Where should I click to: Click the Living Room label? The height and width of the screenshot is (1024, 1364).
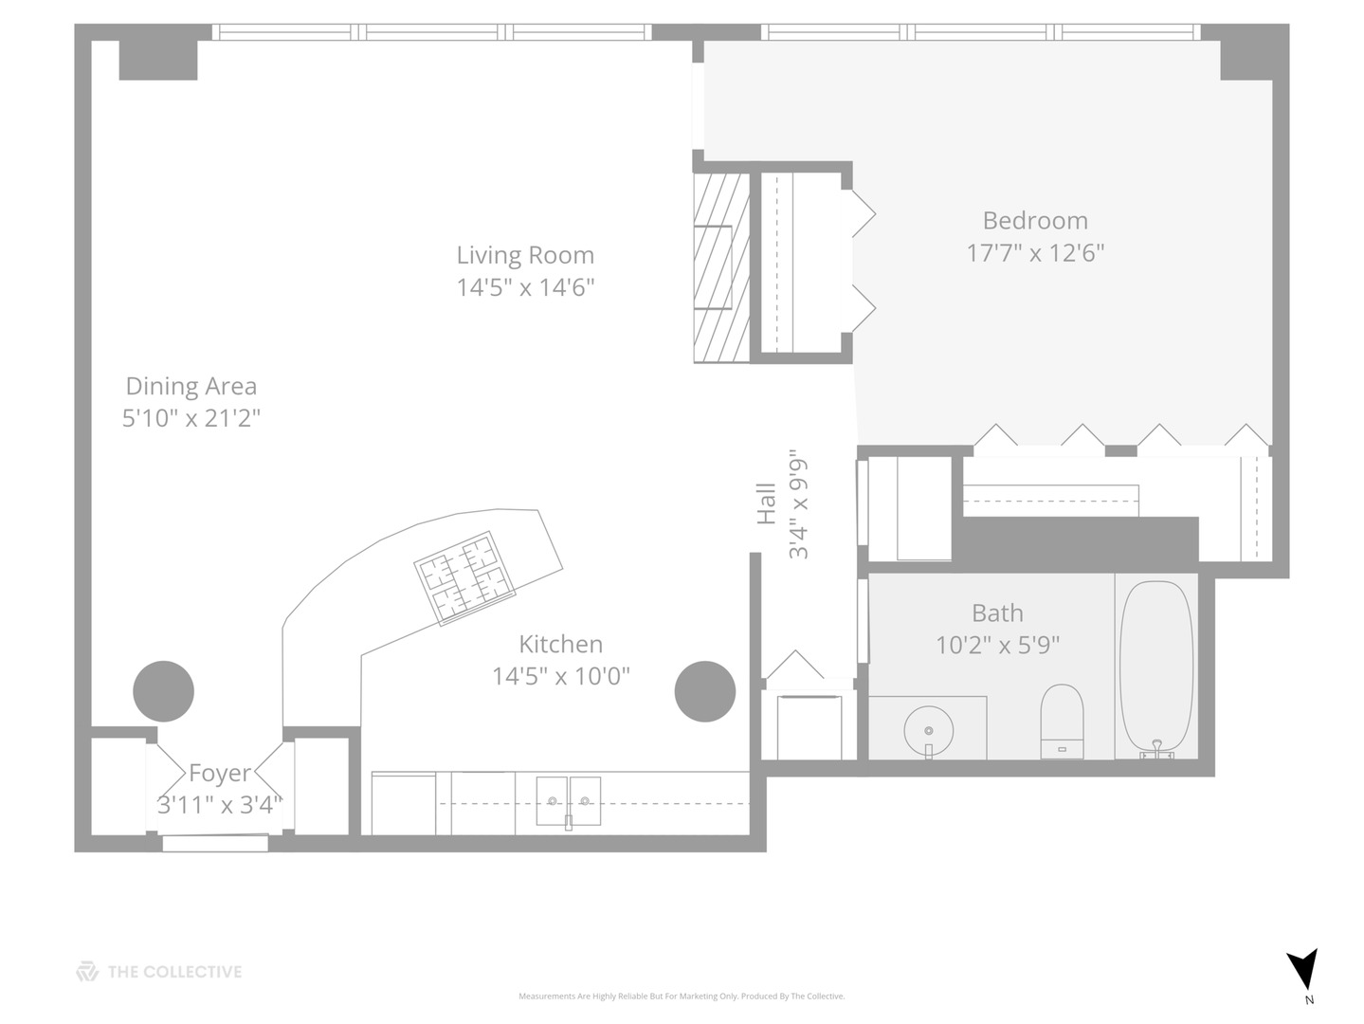tap(525, 255)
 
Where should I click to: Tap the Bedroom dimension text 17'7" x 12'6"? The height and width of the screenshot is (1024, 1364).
tap(1035, 253)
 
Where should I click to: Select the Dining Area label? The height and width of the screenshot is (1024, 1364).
tap(191, 386)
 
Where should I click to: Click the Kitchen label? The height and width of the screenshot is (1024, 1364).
tap(560, 644)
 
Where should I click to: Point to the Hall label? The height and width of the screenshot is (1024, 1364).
tap(766, 503)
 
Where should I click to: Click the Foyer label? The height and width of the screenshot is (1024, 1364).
tap(219, 773)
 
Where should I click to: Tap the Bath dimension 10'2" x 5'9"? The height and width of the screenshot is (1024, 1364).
tap(997, 645)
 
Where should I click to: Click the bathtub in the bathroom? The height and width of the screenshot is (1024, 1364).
tap(1156, 667)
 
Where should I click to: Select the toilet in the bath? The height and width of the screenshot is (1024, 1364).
tap(1062, 721)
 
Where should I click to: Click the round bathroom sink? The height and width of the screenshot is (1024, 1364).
tap(928, 731)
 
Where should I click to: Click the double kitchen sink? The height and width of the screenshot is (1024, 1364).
tap(569, 802)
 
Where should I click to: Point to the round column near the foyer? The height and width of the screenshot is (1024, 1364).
tap(163, 691)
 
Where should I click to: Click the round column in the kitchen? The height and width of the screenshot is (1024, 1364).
tap(705, 691)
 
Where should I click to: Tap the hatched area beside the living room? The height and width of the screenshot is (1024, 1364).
tap(720, 266)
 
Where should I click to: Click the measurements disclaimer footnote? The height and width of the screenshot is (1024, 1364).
tap(682, 997)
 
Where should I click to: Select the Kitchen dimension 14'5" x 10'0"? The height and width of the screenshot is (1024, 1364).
tap(560, 676)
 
